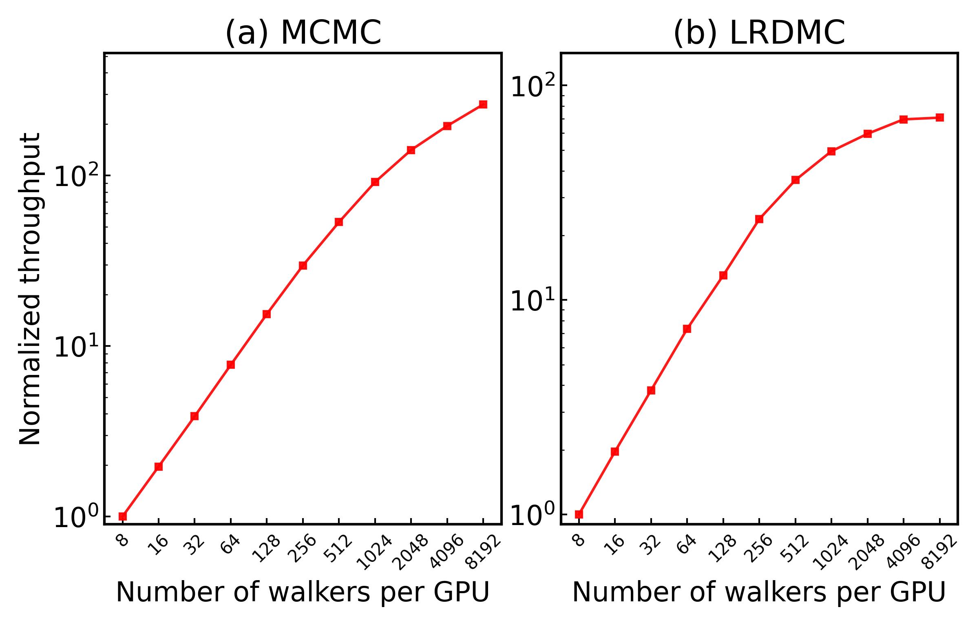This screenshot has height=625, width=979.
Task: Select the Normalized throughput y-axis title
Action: tap(30, 288)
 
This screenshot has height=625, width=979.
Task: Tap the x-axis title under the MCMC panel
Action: tap(303, 592)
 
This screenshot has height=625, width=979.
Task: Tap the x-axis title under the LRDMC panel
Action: tap(759, 592)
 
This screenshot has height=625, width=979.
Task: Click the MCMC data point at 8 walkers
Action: tap(123, 516)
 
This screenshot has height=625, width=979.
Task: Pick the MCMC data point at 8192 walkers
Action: tap(483, 104)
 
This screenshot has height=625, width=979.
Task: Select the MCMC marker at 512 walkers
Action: tap(339, 222)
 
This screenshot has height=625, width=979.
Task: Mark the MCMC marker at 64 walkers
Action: tap(231, 365)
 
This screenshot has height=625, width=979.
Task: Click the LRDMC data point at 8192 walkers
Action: tap(940, 117)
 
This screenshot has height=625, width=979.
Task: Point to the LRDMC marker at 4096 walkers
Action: tap(904, 120)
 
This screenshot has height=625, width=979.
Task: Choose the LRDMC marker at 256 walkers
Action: tap(759, 219)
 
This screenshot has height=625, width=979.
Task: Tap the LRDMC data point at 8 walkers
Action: tap(579, 514)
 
